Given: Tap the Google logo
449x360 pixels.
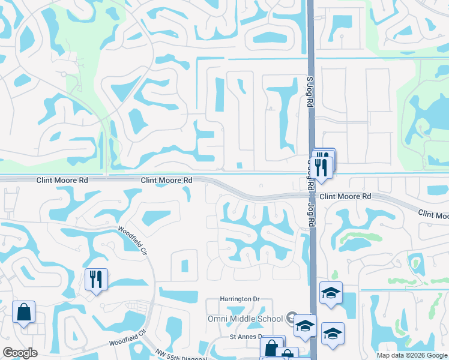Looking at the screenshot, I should coord(20,353).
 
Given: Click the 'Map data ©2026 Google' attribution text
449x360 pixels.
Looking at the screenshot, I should coord(411,355).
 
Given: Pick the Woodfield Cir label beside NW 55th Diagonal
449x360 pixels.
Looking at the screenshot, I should coord(127,338).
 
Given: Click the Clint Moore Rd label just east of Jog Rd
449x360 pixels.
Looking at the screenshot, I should coord(345,196).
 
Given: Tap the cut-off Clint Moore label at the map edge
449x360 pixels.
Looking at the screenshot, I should coord(433,214).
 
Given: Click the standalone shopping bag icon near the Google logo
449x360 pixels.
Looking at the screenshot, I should coord(23,312).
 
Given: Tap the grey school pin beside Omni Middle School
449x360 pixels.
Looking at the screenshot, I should coord(292,317).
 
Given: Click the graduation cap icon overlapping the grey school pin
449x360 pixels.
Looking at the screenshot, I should coord(305,326).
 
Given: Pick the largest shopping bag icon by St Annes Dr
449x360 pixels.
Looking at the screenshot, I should coord(273,347).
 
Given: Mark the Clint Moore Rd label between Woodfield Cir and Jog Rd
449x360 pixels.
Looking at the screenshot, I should coord(166,180).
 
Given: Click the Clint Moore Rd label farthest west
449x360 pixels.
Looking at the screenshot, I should coord(62,179).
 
